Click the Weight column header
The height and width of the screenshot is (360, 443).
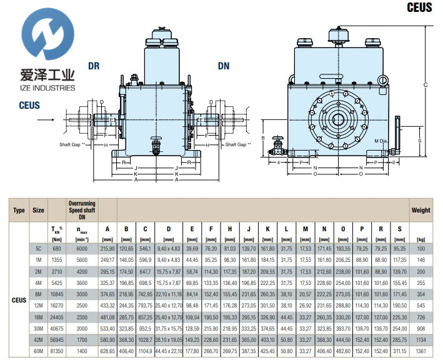[x=421, y=211]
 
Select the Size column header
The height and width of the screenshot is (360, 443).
[x=39, y=211]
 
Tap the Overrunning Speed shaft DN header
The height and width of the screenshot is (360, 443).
[x=81, y=211]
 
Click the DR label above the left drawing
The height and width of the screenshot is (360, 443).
[x=94, y=65]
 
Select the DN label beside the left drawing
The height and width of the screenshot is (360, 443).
[x=224, y=65]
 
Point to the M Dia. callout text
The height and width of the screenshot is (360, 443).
[x=382, y=141]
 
